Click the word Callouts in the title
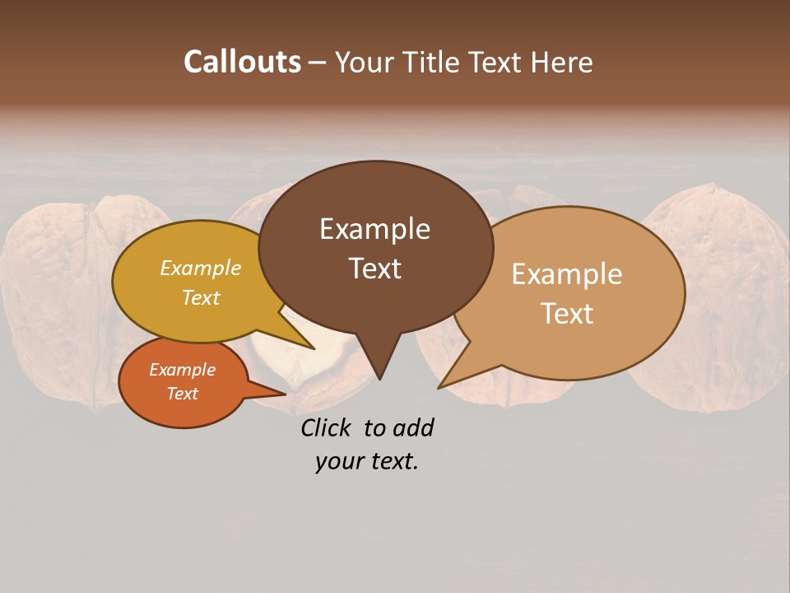tap(242, 62)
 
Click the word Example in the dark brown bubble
tap(374, 229)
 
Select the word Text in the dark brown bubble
tap(374, 268)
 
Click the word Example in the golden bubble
tap(201, 268)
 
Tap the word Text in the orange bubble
tap(183, 394)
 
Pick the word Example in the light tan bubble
tap(567, 274)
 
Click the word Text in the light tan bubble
tap(567, 314)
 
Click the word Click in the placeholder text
tap(327, 427)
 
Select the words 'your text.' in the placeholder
tap(367, 461)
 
